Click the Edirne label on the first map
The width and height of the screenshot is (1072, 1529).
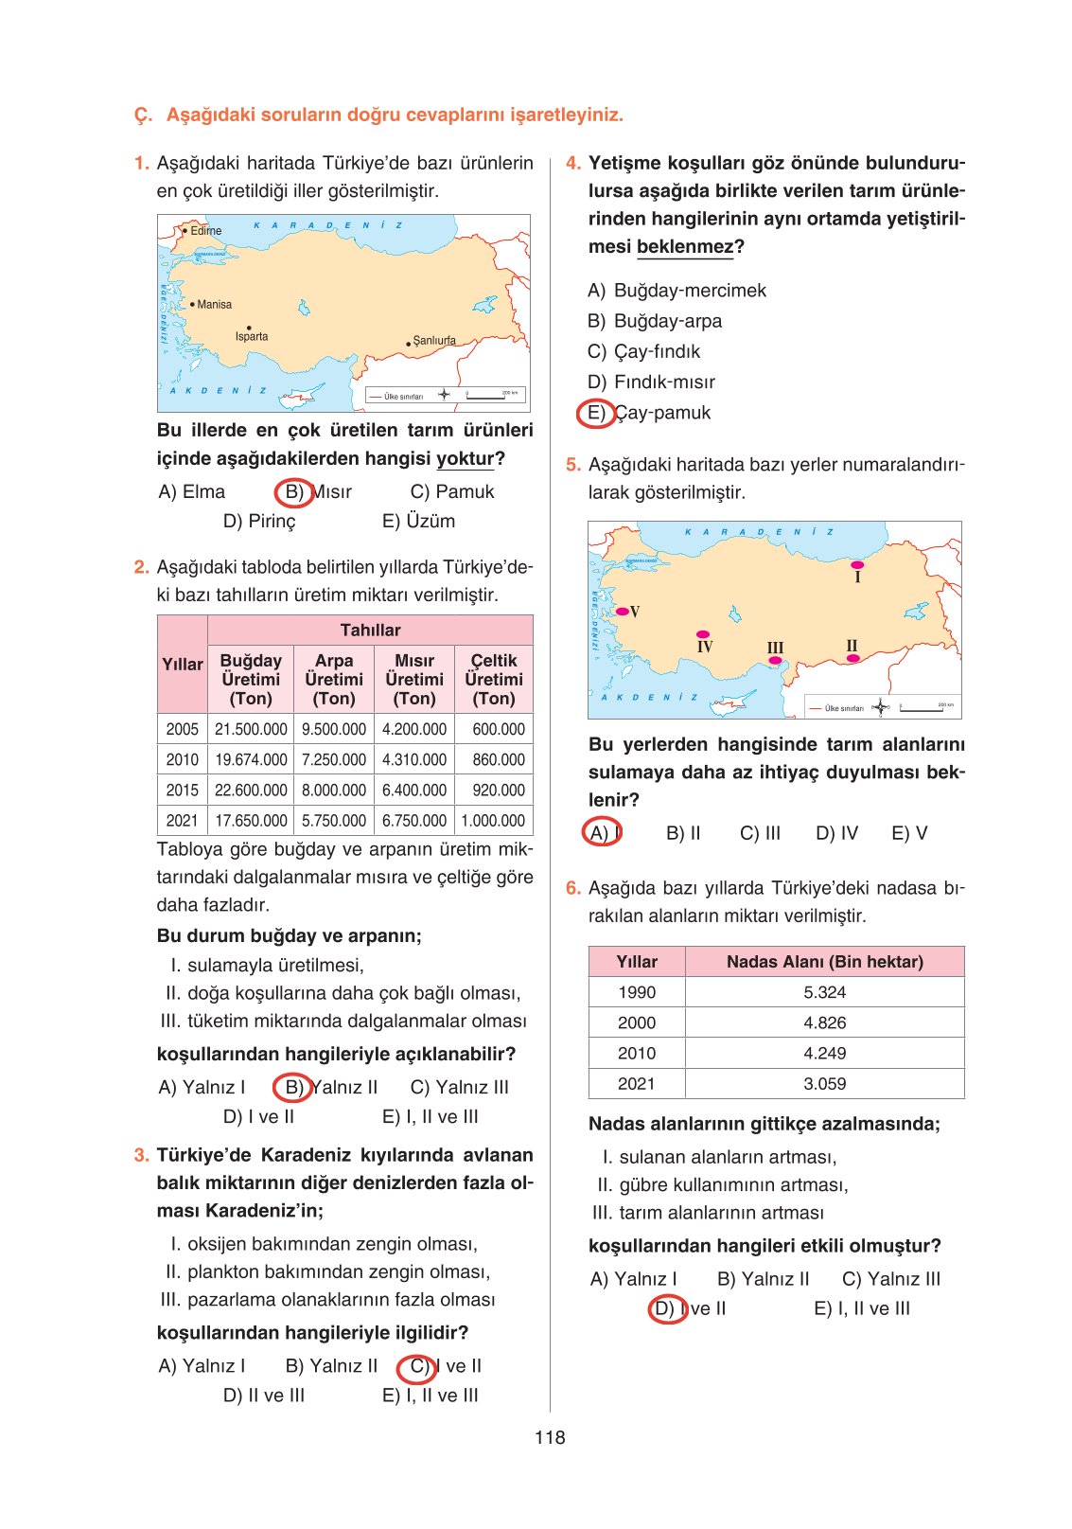[205, 230]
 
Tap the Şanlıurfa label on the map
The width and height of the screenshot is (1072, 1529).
[433, 340]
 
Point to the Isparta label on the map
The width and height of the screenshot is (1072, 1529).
[252, 336]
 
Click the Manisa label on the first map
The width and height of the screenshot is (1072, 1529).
[214, 304]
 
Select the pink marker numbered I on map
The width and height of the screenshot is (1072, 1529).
[857, 564]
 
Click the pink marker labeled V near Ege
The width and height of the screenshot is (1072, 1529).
[623, 612]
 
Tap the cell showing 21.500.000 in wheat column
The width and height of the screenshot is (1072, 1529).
[251, 729]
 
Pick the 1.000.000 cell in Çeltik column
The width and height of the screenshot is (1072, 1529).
[493, 821]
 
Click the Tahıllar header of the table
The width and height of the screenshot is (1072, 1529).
[370, 630]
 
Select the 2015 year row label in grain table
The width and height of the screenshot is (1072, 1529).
[182, 791]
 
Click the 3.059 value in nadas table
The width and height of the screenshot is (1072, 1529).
[824, 1083]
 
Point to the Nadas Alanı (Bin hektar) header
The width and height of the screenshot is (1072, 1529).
[824, 961]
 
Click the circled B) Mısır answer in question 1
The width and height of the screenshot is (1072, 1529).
[318, 492]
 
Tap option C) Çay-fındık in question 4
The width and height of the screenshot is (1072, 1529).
[644, 351]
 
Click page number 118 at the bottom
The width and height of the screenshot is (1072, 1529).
[550, 1437]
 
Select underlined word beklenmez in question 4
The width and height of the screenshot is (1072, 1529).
[685, 246]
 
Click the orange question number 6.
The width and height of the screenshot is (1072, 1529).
[572, 888]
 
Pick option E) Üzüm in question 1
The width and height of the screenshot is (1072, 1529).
[418, 521]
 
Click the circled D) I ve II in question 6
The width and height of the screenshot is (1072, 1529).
[688, 1308]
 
